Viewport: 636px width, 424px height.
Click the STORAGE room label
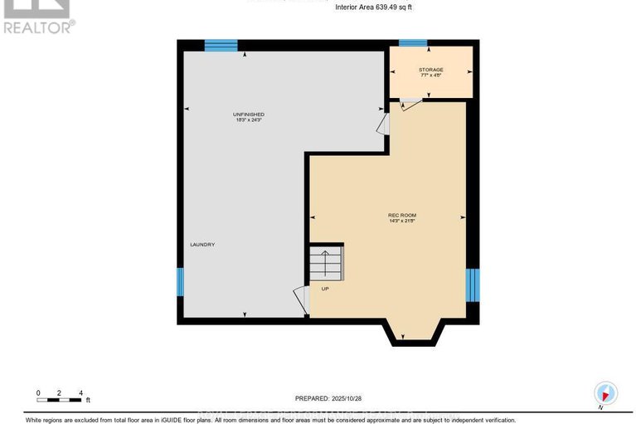click(x=430, y=70)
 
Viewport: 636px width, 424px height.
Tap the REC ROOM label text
click(x=402, y=216)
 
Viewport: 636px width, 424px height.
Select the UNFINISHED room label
click(x=248, y=114)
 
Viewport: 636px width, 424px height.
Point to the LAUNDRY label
click(x=202, y=244)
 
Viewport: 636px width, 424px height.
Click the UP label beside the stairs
click(x=326, y=289)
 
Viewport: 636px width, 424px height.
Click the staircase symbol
click(x=325, y=264)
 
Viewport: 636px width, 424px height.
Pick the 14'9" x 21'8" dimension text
click(x=402, y=222)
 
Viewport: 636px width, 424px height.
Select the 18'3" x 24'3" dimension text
click(x=248, y=120)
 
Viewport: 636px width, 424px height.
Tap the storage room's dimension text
click(x=430, y=76)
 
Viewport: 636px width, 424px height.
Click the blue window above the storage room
click(x=412, y=43)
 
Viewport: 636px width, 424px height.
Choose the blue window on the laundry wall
click(x=180, y=282)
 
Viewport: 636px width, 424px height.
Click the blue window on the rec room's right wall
click(x=472, y=285)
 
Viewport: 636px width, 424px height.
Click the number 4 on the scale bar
click(x=80, y=392)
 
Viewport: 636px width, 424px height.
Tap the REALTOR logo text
click(x=38, y=27)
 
